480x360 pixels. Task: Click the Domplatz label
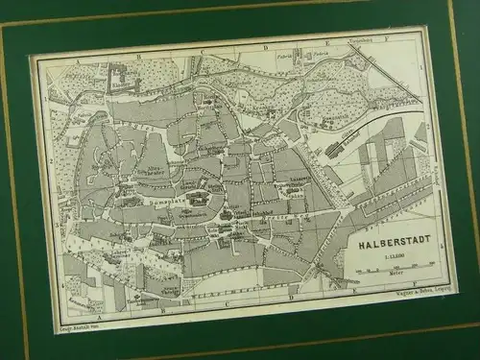(197, 197)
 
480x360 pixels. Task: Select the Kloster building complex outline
(120, 74)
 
